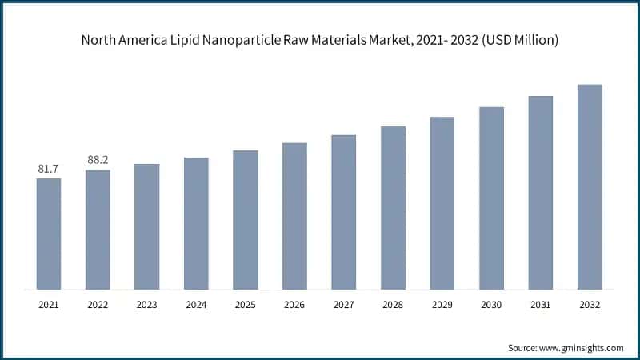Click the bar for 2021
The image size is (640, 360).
49,233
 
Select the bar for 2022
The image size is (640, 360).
98,229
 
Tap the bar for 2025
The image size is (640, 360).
246,219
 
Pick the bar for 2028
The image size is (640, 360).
393,207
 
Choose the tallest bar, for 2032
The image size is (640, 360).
590,186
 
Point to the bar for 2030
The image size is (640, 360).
491,198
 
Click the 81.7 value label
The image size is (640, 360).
49,169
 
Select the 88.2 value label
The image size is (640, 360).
98,160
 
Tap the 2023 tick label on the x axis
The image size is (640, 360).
147,304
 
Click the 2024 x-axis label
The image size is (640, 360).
196,304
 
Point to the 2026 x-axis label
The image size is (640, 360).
294,304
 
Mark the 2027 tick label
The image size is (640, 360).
344,304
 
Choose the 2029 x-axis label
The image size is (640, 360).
442,304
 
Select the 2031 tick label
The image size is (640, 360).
541,304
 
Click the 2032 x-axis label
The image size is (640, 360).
590,304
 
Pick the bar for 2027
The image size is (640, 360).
344,212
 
